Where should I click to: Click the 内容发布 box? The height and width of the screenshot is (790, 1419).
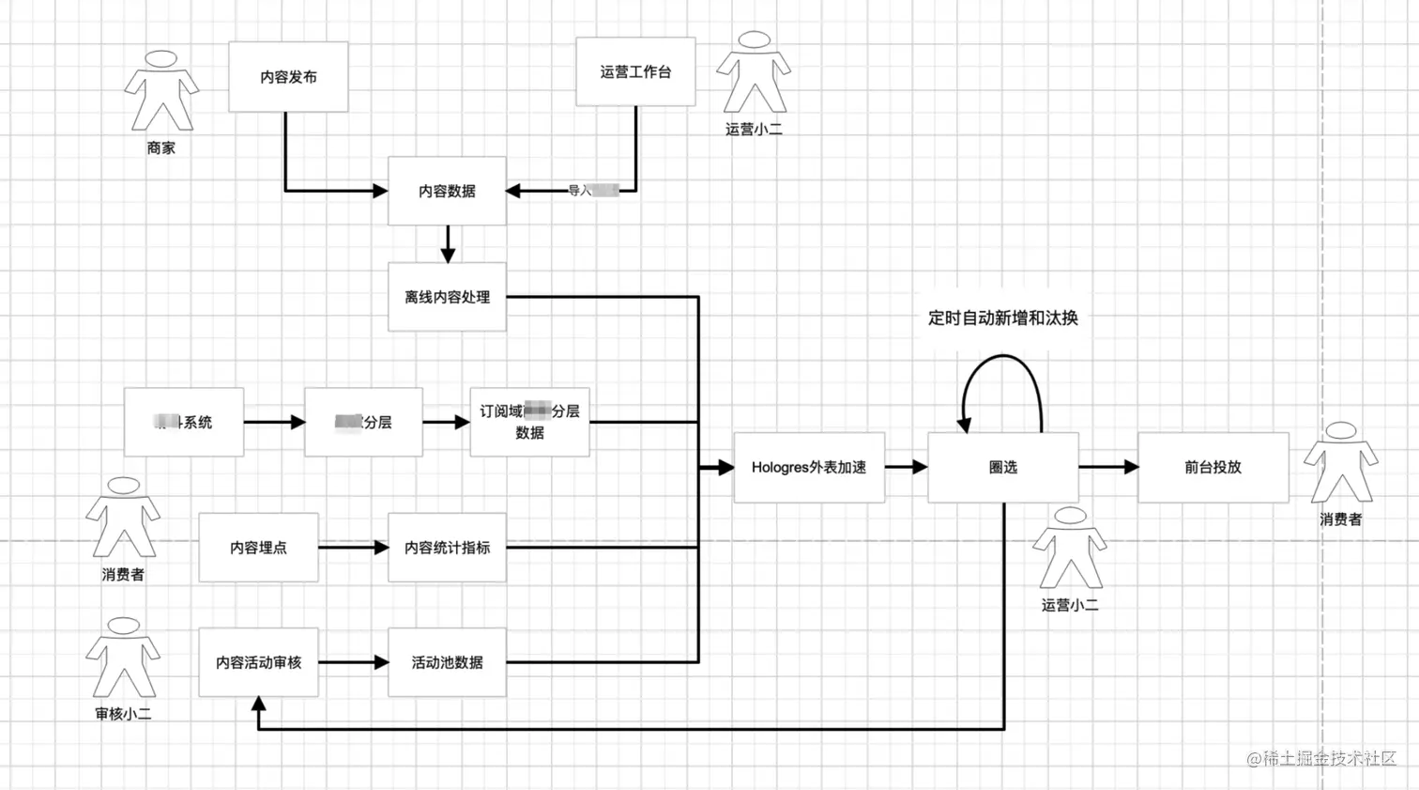point(288,77)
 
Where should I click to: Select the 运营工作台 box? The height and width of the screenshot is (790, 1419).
point(635,71)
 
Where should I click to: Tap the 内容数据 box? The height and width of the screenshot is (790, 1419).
point(447,191)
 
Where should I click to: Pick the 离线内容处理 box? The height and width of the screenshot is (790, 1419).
point(447,297)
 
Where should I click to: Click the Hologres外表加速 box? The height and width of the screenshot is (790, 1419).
point(808,467)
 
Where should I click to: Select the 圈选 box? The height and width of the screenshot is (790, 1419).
point(1002,467)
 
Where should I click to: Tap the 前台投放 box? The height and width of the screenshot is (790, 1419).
point(1213,467)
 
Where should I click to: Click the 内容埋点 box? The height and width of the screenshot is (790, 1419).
point(258,547)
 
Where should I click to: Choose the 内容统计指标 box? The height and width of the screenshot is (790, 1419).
point(447,547)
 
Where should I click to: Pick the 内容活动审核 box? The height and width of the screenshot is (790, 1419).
point(258,662)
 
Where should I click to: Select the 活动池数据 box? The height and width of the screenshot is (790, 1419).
point(447,662)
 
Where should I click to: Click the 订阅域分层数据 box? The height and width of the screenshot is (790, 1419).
point(529,422)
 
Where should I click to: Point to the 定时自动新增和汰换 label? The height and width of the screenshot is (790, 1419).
point(1002,318)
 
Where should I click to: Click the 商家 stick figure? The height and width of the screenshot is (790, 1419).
point(161,91)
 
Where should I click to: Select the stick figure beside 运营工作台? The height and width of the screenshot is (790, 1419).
point(754,72)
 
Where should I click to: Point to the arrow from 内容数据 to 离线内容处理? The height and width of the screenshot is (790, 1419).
point(448,244)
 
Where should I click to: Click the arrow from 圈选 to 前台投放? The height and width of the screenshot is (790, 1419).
point(1108,467)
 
